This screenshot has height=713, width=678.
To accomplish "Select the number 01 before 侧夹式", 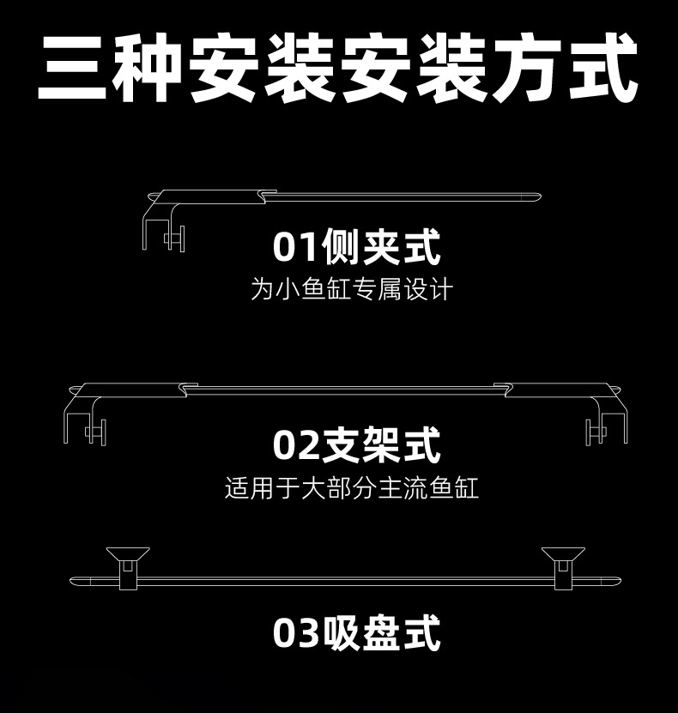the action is click(296, 248).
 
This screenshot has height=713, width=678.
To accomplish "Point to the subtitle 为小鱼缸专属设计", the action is click(350, 288).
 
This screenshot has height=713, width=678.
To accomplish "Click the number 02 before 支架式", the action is click(296, 446).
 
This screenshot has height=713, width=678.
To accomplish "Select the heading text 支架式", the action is click(380, 446).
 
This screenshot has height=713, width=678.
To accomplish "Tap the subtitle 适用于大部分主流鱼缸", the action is click(350, 488).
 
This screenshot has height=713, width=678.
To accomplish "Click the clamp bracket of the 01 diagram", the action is click(163, 223).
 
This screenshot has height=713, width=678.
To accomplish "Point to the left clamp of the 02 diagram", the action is click(86, 420).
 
